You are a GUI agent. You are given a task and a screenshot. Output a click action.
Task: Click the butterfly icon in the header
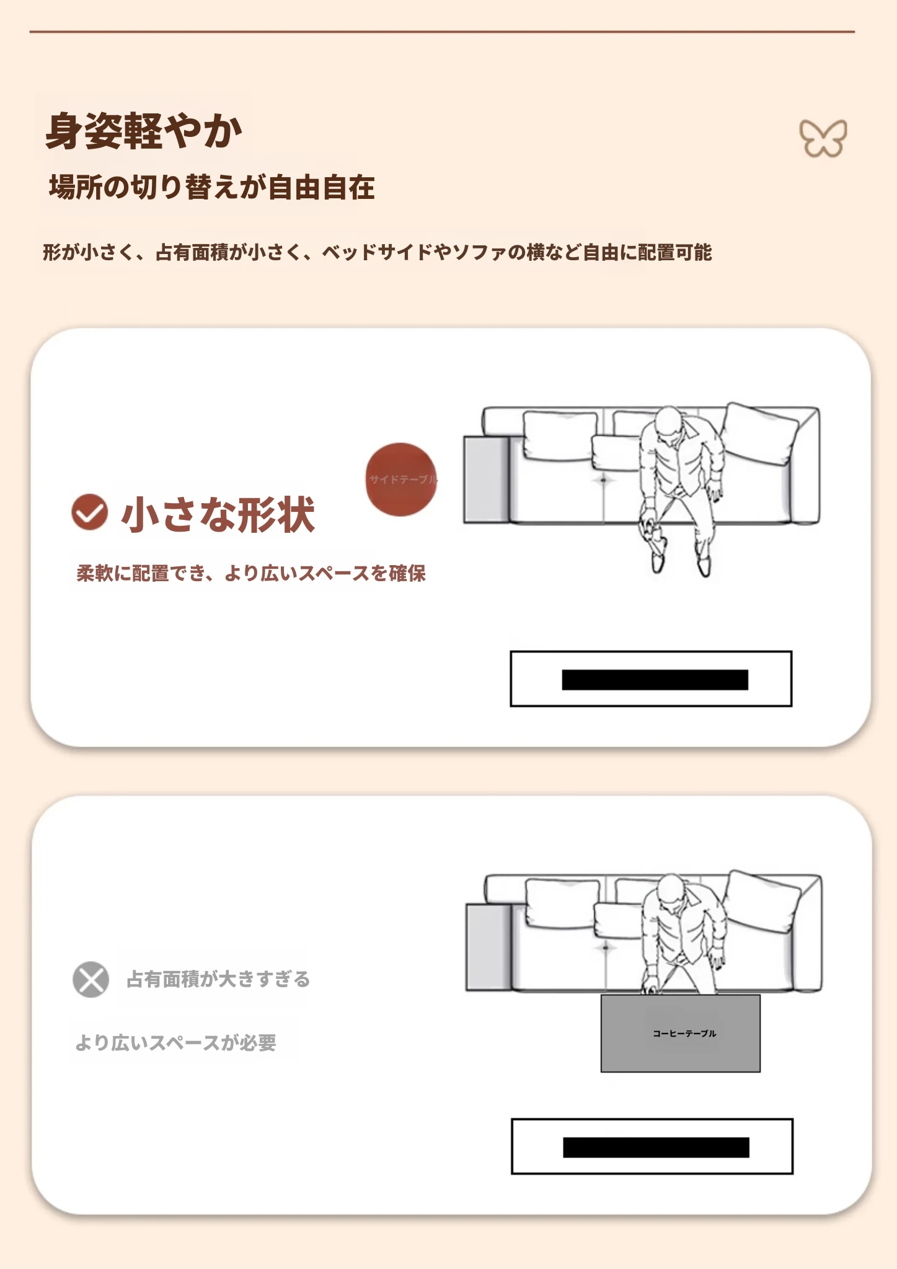click(823, 138)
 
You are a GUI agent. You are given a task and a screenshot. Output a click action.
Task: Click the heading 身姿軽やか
click(144, 131)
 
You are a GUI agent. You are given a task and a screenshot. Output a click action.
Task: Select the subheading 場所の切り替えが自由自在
click(212, 187)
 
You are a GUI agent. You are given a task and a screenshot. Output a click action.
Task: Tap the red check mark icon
click(90, 512)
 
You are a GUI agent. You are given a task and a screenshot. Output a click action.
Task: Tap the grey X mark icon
click(91, 979)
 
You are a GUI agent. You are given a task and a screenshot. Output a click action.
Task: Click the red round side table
click(401, 480)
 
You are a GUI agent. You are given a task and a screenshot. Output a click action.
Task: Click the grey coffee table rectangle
click(680, 1033)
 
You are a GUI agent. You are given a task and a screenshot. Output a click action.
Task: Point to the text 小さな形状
click(218, 514)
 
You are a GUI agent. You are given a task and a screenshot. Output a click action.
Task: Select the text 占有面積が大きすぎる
click(218, 979)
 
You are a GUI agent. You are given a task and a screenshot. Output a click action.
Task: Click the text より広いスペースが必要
click(175, 1043)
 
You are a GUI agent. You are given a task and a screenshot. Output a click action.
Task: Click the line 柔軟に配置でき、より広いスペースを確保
click(251, 573)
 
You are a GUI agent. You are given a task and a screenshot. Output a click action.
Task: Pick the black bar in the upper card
click(655, 680)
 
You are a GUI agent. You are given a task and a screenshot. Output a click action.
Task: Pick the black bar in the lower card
click(656, 1148)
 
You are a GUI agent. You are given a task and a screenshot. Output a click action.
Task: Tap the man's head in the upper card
click(668, 422)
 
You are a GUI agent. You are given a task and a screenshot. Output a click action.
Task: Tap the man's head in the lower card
click(670, 890)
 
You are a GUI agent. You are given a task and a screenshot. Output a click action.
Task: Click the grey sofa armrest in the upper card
click(487, 479)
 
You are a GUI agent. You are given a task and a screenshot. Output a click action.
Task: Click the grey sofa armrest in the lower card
click(488, 947)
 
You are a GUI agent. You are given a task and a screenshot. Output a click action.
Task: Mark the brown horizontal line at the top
click(442, 32)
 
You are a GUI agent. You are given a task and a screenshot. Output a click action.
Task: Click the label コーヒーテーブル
click(684, 1034)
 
